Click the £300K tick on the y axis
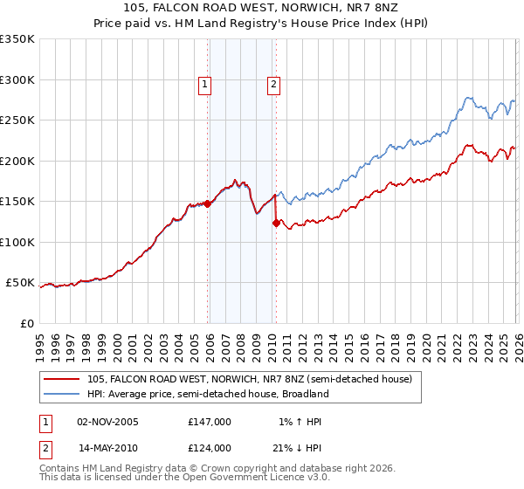coord(17,79)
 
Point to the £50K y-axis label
coord(20,283)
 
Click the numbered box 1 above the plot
coord(204,85)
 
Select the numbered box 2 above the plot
coord(273,85)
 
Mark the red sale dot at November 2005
coord(208,203)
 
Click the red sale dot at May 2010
coord(277,223)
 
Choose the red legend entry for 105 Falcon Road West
coord(244,379)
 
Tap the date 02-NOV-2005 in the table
coord(108,422)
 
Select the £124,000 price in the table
coord(209,447)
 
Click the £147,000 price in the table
coord(209,422)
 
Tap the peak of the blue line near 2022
coord(469,98)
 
